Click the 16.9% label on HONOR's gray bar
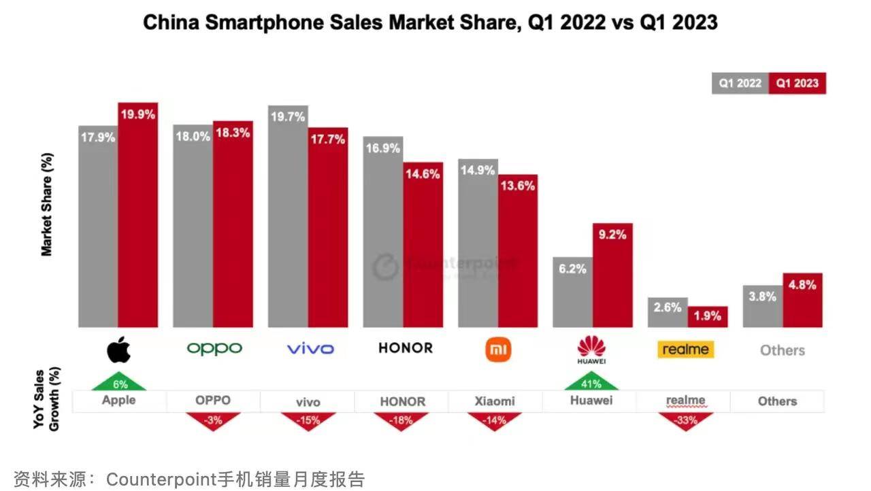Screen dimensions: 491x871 pos(382,148)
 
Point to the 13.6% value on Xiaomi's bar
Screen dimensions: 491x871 pos(518,186)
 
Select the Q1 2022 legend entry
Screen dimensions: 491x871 pos(740,83)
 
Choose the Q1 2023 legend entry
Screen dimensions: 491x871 pos(798,83)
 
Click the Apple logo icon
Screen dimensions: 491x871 pos(118,350)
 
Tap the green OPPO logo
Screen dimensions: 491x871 pos(214,349)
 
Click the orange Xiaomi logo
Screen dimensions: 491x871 pos(498,350)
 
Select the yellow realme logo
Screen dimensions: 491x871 pos(686,350)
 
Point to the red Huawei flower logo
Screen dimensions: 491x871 pos(591,348)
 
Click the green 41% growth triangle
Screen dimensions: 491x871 pos(591,383)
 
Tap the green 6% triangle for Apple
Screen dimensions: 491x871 pos(120,383)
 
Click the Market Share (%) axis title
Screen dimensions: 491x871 pos(47,204)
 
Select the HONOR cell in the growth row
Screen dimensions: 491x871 pos(402,401)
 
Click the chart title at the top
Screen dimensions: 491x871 pos(430,22)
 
